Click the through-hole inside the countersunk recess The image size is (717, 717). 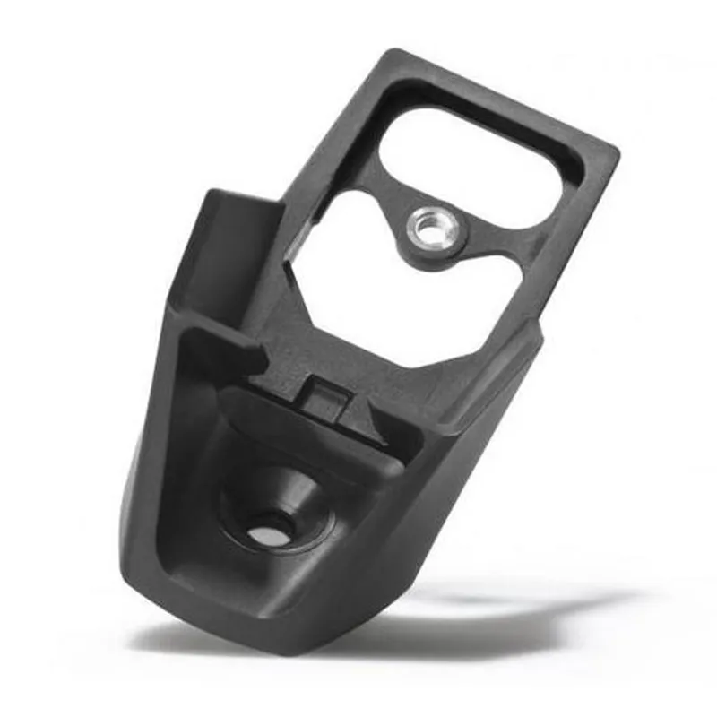pyautogui.click(x=266, y=534)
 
